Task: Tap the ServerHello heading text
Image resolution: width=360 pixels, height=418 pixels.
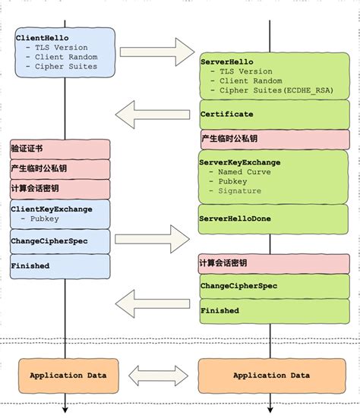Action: pyautogui.click(x=227, y=61)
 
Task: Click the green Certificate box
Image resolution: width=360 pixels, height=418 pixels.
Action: pyautogui.click(x=273, y=115)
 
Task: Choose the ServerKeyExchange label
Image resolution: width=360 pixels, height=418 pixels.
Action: pyautogui.click(x=240, y=162)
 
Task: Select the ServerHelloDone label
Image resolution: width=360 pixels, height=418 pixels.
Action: pyautogui.click(x=235, y=218)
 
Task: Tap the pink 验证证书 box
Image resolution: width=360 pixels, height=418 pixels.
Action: pyautogui.click(x=60, y=149)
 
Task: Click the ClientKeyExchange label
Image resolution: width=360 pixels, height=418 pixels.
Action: pyautogui.click(x=52, y=209)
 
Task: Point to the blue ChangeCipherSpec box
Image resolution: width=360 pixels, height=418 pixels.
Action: pyautogui.click(x=60, y=240)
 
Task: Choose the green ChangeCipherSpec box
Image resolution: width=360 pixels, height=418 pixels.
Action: pyautogui.click(x=273, y=286)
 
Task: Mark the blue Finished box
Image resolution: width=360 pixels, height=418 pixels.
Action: pyautogui.click(x=60, y=266)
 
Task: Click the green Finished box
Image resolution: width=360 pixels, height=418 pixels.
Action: pyautogui.click(x=273, y=310)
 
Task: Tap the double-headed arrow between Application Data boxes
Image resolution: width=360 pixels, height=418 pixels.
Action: pyautogui.click(x=158, y=376)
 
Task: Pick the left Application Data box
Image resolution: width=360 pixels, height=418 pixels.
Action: pyautogui.click(x=68, y=376)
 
